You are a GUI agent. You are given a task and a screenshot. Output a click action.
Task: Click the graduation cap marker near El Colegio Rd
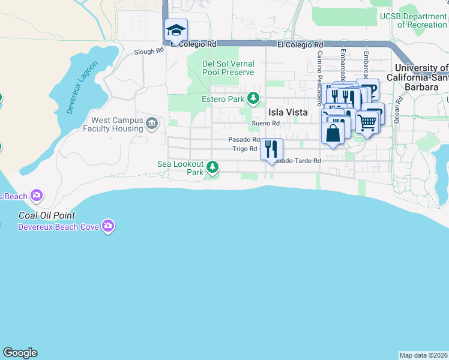[176, 30]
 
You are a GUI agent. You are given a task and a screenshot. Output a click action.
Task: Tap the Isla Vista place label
[288, 112]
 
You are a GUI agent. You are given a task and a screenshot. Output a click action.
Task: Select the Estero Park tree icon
[254, 98]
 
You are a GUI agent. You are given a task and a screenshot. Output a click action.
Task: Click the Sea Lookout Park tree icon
[212, 166]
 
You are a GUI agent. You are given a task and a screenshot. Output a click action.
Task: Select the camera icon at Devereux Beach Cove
[108, 226]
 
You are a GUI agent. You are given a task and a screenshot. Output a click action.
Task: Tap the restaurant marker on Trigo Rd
[271, 149]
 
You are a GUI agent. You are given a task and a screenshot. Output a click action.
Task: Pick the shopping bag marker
[333, 132]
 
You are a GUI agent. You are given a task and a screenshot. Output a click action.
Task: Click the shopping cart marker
[367, 122]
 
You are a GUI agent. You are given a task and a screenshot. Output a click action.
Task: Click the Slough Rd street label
[149, 52]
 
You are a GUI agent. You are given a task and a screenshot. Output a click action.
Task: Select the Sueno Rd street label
[266, 124]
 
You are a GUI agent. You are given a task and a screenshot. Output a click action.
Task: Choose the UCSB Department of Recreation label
[413, 21]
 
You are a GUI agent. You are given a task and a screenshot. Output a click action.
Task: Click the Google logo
[20, 353]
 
